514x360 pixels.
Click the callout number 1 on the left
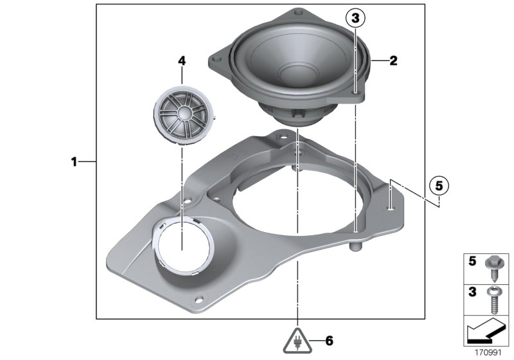[x=74, y=162]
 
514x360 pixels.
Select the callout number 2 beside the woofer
[x=393, y=62]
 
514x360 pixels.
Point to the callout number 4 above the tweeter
[x=182, y=61]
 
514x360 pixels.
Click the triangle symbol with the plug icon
[x=297, y=339]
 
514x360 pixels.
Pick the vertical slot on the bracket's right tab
[x=391, y=207]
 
